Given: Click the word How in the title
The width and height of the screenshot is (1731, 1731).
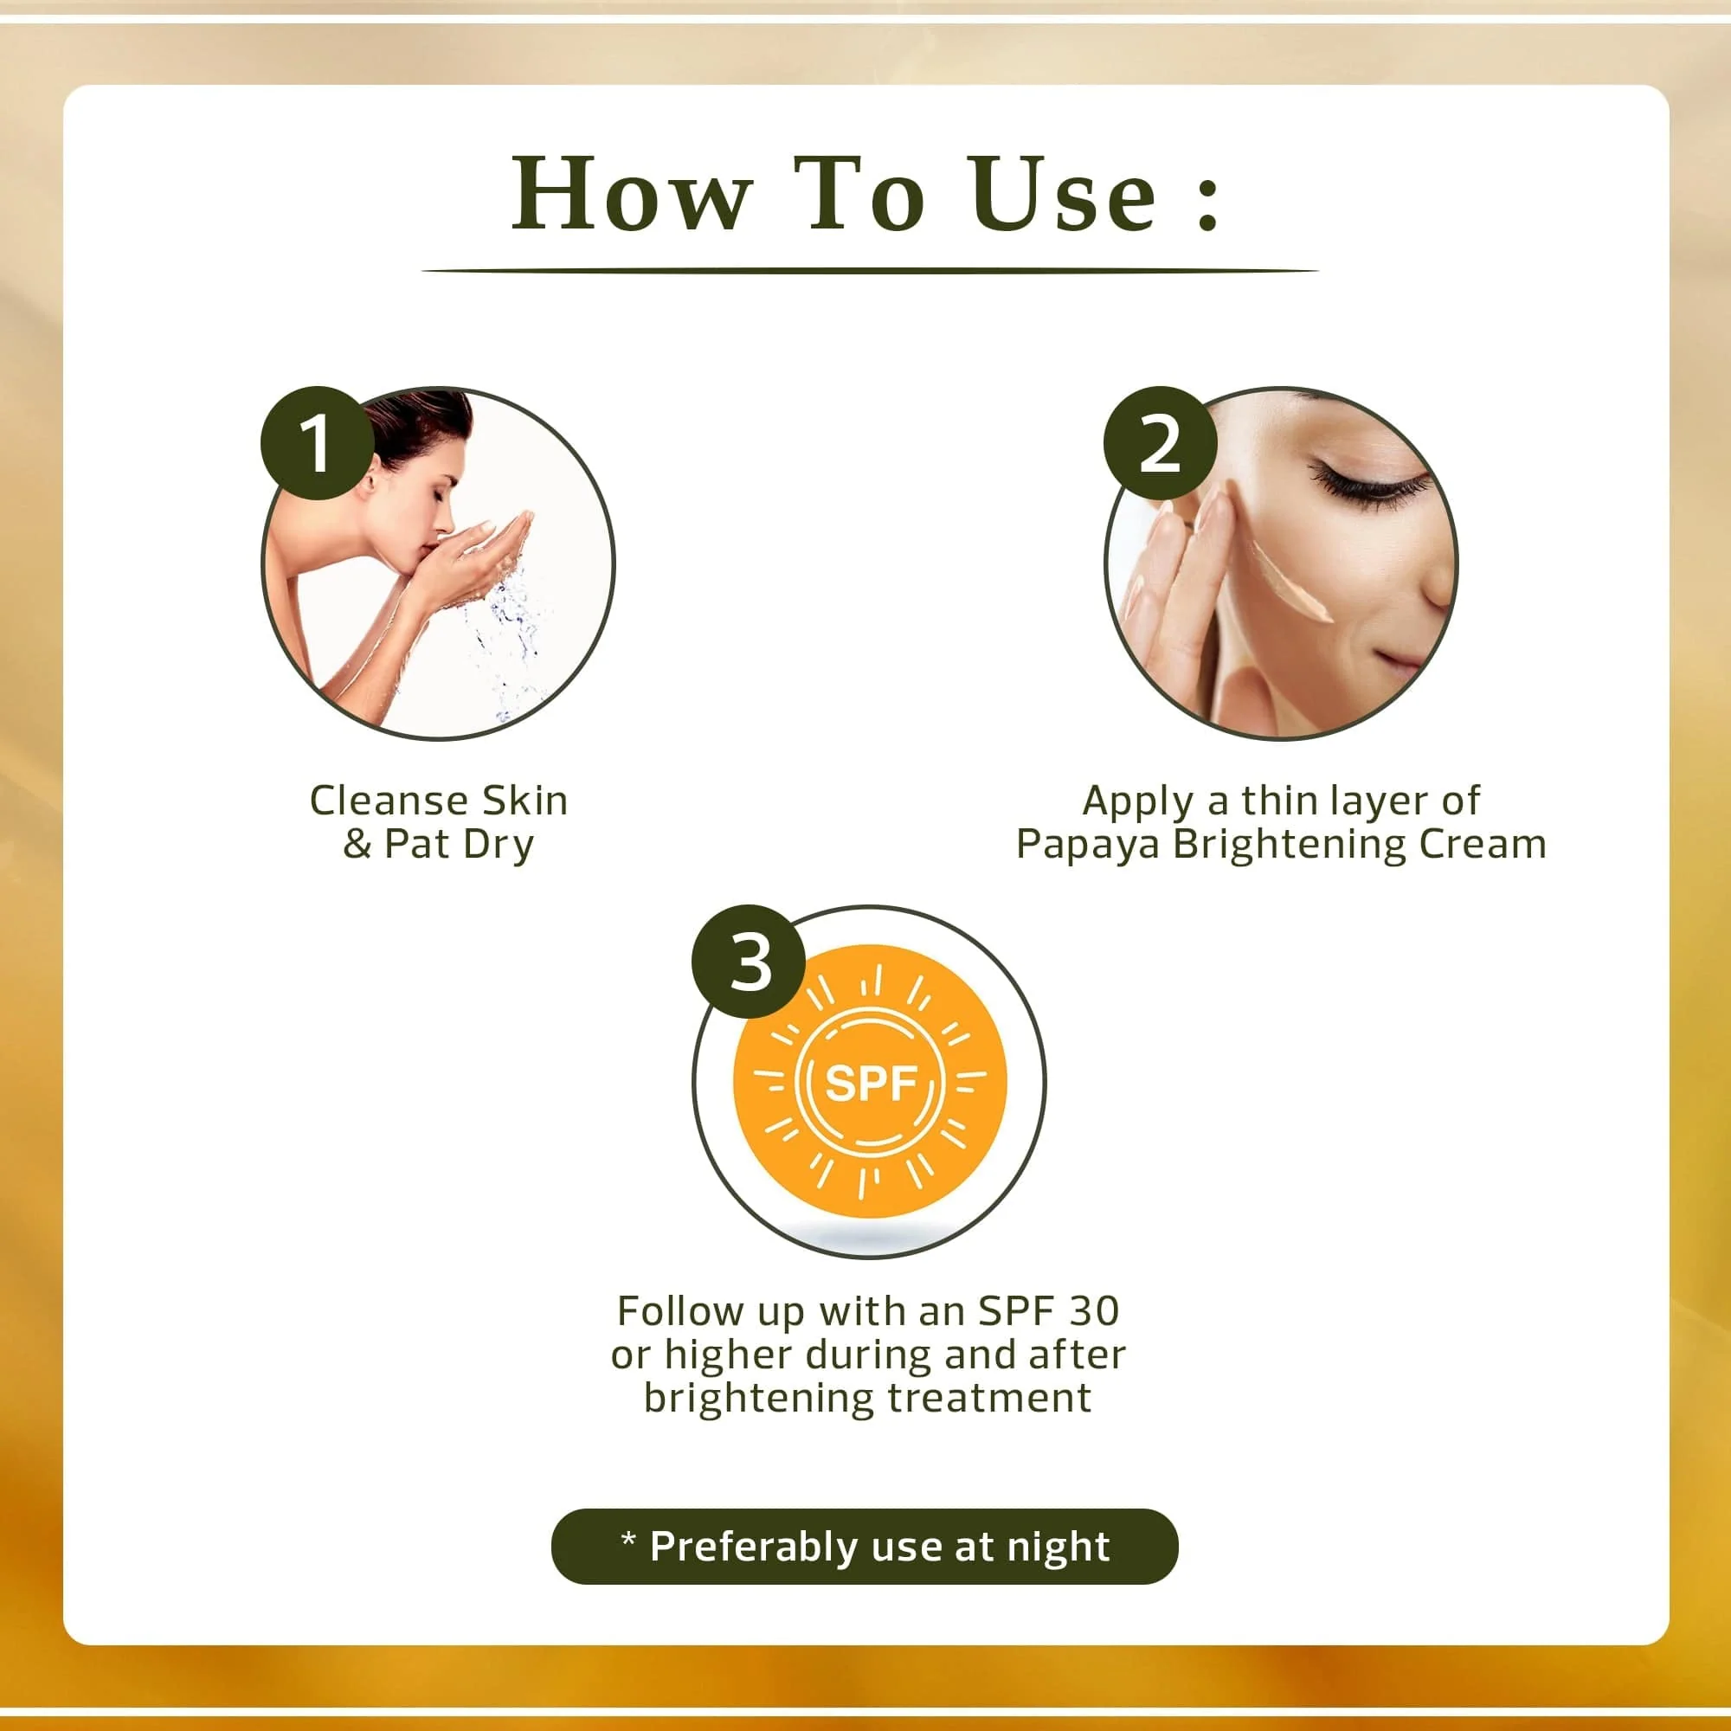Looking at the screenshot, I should pyautogui.click(x=631, y=195).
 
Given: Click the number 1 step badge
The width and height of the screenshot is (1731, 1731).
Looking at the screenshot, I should pyautogui.click(x=316, y=442).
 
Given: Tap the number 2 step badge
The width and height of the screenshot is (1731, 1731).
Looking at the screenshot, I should pyautogui.click(x=1160, y=442).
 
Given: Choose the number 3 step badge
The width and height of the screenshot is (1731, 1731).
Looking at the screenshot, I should pyautogui.click(x=749, y=963).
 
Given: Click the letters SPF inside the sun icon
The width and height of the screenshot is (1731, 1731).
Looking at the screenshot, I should pyautogui.click(x=870, y=1084).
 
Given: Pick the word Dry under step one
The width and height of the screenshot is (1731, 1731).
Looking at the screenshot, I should pyautogui.click(x=499, y=845).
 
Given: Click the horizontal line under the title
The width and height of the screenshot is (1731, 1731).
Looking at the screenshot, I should pyautogui.click(x=869, y=270).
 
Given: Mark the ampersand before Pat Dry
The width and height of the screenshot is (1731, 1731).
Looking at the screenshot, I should pyautogui.click(x=357, y=844).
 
